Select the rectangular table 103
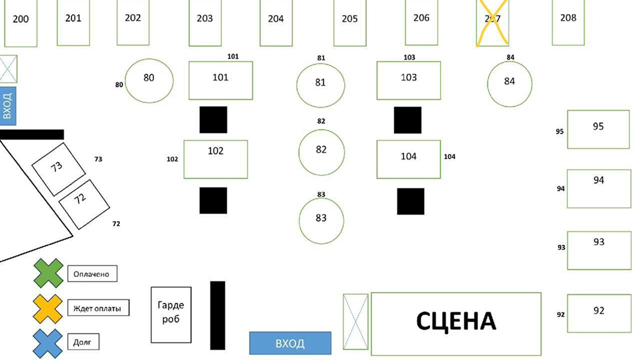point(409,81)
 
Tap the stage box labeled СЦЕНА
point(455,323)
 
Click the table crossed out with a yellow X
point(492,22)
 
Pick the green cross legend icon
point(49,274)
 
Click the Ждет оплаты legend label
point(98,308)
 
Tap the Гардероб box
point(171,314)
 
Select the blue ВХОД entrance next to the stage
point(290,343)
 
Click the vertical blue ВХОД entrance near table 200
point(8,106)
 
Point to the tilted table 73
point(59,169)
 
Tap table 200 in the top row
point(21,22)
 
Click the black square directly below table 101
point(213,119)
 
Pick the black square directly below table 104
point(411,201)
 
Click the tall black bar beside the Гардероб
point(218,315)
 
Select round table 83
point(321,220)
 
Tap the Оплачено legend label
point(92,274)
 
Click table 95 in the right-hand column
point(598,129)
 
